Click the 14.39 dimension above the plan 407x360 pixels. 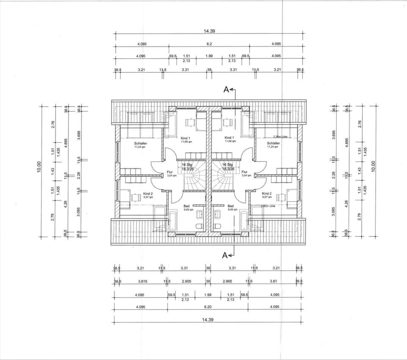click(x=208, y=31)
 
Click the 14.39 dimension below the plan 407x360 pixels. click(x=208, y=320)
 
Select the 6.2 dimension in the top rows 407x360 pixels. click(x=209, y=44)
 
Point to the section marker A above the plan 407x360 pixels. click(x=226, y=89)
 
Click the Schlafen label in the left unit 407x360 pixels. click(x=140, y=144)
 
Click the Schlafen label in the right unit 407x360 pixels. click(x=273, y=144)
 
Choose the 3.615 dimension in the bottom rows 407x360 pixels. click(x=142, y=281)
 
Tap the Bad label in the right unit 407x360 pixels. click(x=231, y=205)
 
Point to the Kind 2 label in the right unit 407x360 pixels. click(x=267, y=193)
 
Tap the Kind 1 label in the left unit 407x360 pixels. click(x=185, y=138)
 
